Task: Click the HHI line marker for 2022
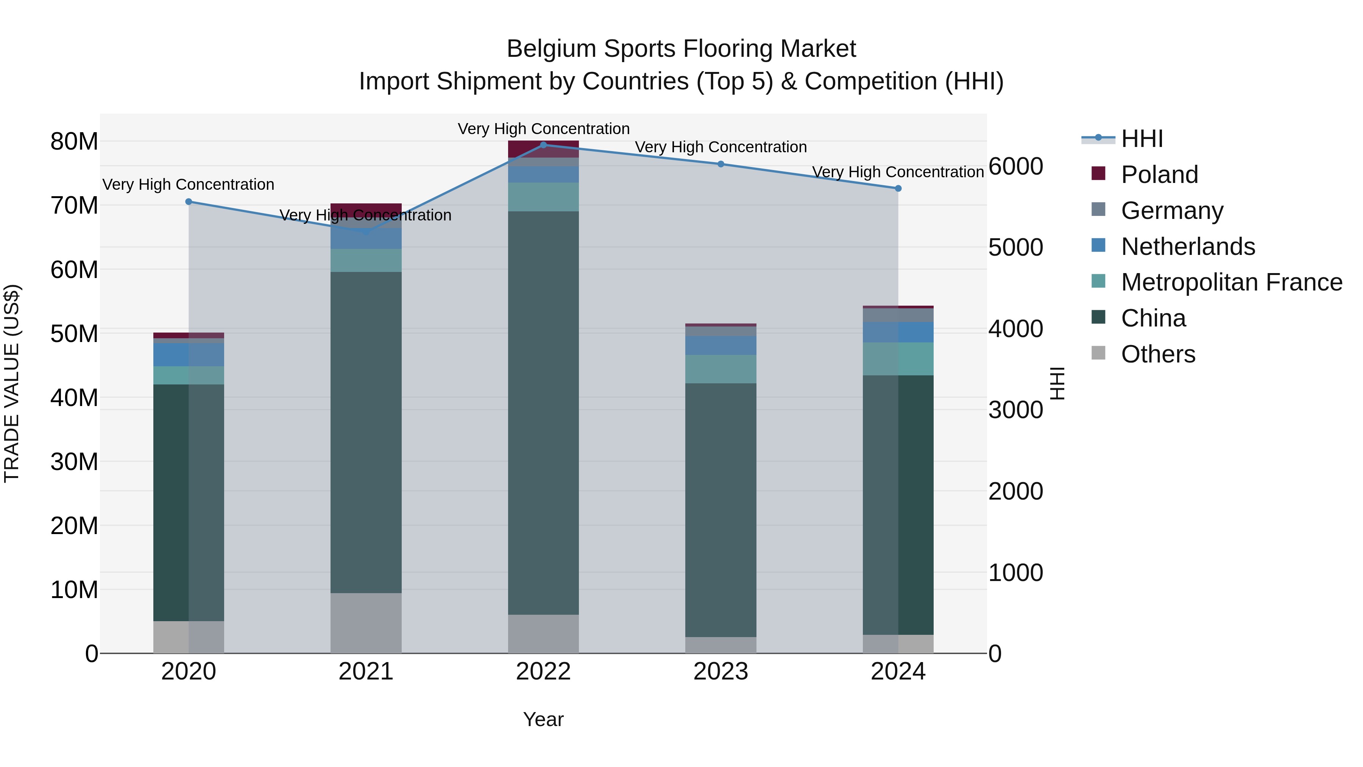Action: pyautogui.click(x=543, y=145)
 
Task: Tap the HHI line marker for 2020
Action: pyautogui.click(x=189, y=202)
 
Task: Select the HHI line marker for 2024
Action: pyautogui.click(x=898, y=189)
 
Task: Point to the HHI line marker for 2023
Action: pyautogui.click(x=720, y=164)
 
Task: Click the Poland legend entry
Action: pyautogui.click(x=1159, y=175)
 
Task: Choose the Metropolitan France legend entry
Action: pyautogui.click(x=1231, y=282)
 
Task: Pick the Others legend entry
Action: pyautogui.click(x=1158, y=354)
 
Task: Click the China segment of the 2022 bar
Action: pyautogui.click(x=543, y=413)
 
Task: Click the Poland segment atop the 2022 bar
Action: pyautogui.click(x=543, y=149)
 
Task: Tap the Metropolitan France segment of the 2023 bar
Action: pyautogui.click(x=720, y=369)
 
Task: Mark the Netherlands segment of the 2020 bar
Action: pyautogui.click(x=189, y=355)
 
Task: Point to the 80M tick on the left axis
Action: pyautogui.click(x=74, y=142)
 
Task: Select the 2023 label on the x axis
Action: pyautogui.click(x=720, y=672)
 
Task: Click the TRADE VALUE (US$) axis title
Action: pyautogui.click(x=12, y=383)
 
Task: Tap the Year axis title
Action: pyautogui.click(x=543, y=719)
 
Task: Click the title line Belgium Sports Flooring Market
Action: pyautogui.click(x=681, y=49)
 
